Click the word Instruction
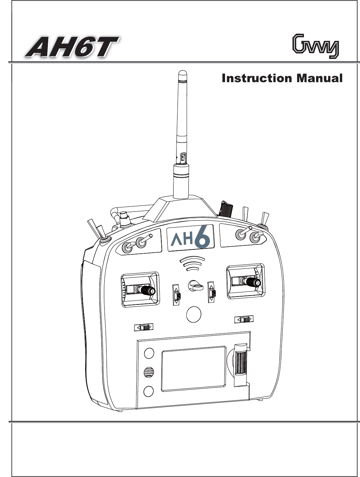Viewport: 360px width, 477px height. pos(257,79)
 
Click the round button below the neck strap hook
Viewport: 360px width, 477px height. pos(194,314)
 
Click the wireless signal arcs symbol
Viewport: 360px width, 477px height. pos(192,263)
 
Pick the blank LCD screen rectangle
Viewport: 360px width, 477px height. pos(193,368)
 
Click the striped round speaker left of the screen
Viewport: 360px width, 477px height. pos(149,372)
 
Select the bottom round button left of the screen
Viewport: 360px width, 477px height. pos(149,391)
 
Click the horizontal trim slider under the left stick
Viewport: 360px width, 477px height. pos(144,328)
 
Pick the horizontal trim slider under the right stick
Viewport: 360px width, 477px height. pos(244,319)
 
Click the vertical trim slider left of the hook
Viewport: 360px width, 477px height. pos(177,293)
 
